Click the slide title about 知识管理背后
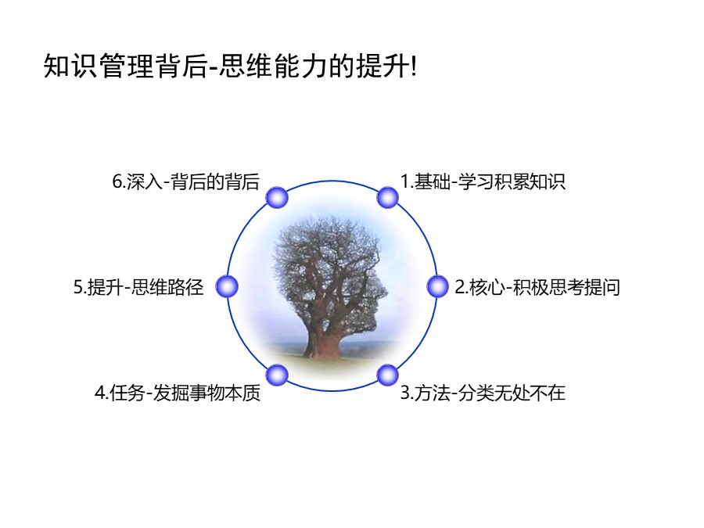tap(231, 67)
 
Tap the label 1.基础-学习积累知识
tap(483, 182)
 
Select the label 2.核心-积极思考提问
tap(537, 288)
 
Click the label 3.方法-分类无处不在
tap(483, 393)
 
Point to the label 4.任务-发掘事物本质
tap(178, 393)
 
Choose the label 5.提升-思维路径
tap(138, 288)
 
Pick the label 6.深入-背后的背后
tap(185, 182)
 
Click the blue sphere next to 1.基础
tap(387, 197)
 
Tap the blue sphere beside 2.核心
tap(437, 287)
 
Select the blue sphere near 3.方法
tap(387, 375)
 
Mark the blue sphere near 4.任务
tap(277, 375)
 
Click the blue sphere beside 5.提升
tap(227, 287)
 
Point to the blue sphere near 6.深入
tap(277, 197)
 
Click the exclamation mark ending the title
tap(414, 67)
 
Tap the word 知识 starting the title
tap(63, 67)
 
